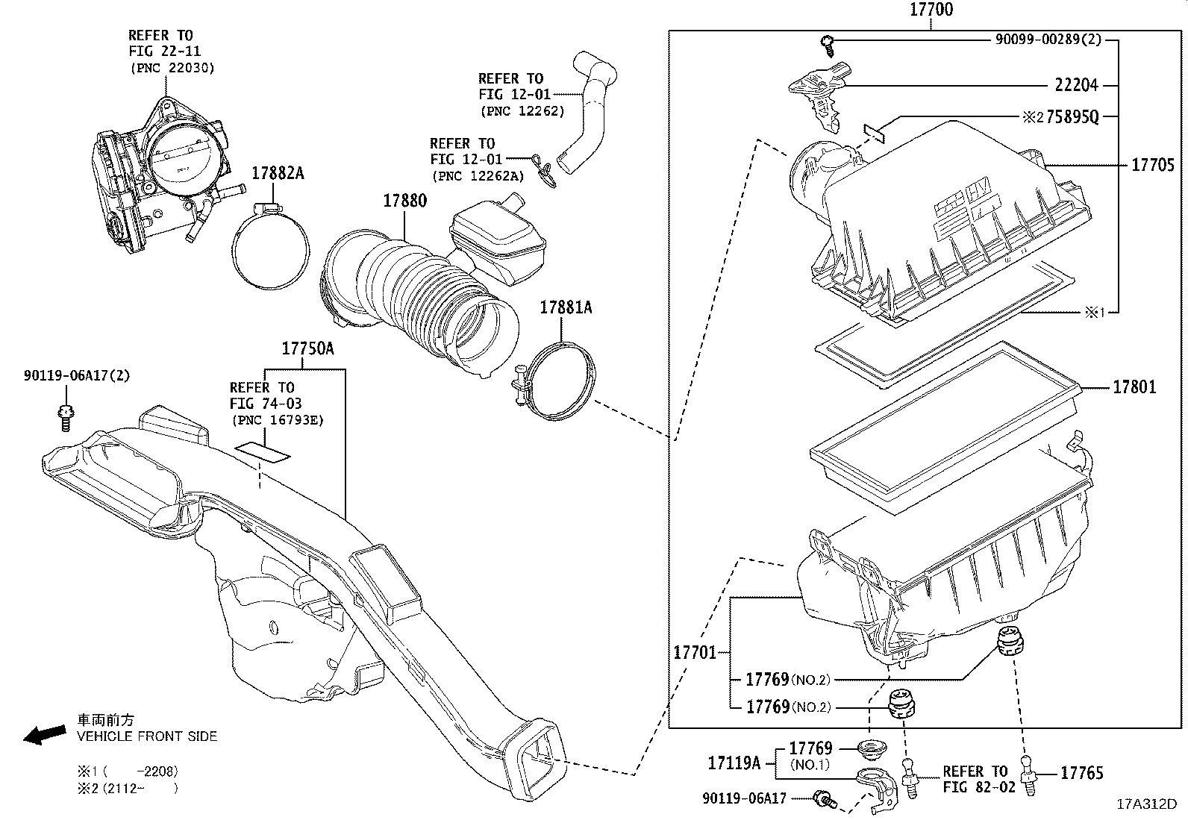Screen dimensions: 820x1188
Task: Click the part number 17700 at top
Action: click(x=931, y=10)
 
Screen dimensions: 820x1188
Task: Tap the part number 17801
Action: click(x=1134, y=387)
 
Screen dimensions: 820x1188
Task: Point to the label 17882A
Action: click(x=278, y=173)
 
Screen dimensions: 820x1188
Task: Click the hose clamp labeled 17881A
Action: click(x=563, y=381)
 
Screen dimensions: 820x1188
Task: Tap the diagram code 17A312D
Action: click(x=1146, y=804)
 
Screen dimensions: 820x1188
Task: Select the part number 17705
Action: click(x=1152, y=166)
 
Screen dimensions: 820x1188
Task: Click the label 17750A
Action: click(x=307, y=348)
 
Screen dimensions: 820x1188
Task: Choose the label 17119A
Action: click(x=734, y=763)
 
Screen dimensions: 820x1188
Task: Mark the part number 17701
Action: click(x=695, y=652)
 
